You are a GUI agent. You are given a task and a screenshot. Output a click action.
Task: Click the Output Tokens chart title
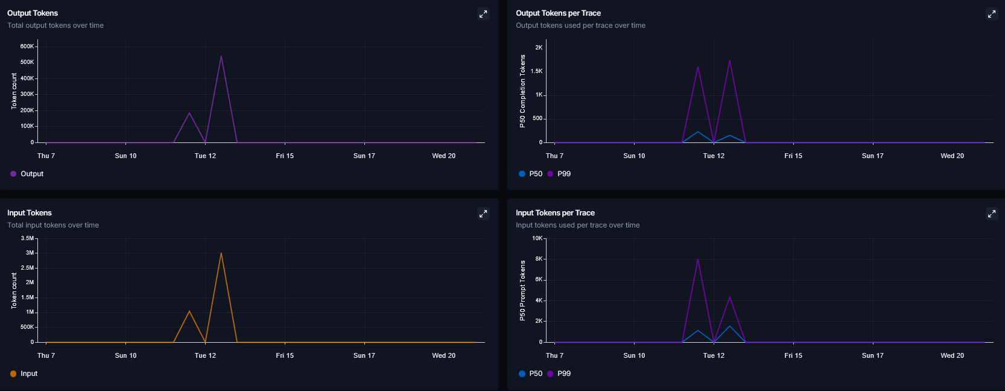pos(33,13)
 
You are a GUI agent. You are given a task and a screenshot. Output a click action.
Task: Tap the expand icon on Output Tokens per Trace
pos(992,14)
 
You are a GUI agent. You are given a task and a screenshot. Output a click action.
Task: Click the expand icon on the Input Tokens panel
pos(483,214)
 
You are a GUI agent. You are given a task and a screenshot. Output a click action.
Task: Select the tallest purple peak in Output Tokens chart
pos(221,56)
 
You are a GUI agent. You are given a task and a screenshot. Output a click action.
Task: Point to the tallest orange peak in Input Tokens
pos(221,253)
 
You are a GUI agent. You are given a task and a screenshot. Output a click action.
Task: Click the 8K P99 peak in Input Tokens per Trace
pos(698,259)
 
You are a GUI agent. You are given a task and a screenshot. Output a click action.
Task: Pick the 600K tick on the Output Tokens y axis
pos(27,46)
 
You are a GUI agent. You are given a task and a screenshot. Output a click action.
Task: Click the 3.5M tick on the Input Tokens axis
pos(27,238)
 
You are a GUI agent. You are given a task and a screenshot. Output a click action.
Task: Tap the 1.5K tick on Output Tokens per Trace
pos(537,71)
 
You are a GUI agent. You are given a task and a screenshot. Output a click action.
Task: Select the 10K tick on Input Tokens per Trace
pos(537,238)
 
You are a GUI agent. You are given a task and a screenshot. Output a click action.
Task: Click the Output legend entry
pos(27,174)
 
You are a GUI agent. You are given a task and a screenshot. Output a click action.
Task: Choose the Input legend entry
pos(24,374)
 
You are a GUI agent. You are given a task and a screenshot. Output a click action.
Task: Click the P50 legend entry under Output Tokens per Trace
pos(530,174)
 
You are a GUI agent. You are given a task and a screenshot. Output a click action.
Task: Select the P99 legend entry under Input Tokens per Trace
pos(559,374)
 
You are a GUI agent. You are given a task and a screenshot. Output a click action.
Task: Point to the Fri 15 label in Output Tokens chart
pos(285,156)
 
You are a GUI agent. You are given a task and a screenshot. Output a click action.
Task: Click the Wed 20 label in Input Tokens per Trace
pos(952,355)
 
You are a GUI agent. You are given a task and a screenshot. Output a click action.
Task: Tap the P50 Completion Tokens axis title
pos(522,91)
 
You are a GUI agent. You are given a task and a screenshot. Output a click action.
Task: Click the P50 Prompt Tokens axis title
pos(522,290)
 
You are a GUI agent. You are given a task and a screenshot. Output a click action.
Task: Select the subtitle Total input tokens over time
pos(53,225)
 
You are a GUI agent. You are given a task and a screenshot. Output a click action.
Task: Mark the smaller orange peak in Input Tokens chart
pos(189,311)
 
